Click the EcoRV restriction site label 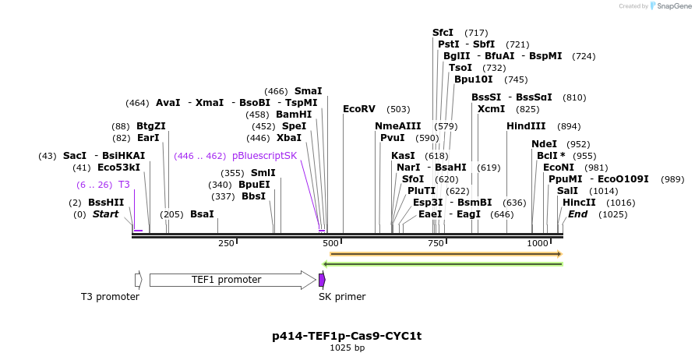point(359,109)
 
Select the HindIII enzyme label point(526,126)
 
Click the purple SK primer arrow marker point(322,280)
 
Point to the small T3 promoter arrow point(138,280)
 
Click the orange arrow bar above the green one point(445,254)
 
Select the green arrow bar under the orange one point(443,264)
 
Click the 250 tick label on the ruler point(226,244)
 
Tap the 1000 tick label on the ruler point(538,244)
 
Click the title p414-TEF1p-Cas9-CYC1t point(347,337)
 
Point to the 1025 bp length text point(347,348)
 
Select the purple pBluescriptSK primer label point(264,156)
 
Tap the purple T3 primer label point(124,185)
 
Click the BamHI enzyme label point(294,115)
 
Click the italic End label point(577,214)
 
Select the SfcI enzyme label point(443,33)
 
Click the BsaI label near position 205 point(202,214)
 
